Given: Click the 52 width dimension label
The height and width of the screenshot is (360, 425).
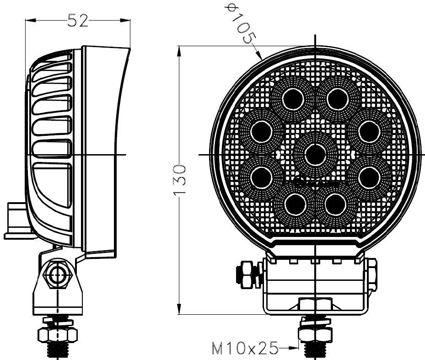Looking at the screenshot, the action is click(78, 20).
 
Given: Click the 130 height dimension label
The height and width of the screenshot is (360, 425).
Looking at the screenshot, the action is click(180, 180).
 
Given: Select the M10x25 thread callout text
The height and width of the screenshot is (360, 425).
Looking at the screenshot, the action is click(245, 348).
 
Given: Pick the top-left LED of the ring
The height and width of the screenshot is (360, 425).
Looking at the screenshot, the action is click(292, 99).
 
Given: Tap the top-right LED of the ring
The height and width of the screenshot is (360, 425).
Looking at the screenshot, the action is click(338, 99).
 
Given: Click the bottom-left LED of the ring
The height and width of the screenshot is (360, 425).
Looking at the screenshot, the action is click(296, 204).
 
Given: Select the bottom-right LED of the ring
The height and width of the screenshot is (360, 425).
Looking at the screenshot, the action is click(335, 204).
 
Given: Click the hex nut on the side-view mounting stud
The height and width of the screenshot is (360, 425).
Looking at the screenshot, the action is click(58, 334).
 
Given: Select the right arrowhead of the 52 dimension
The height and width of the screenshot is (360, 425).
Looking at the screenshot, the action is click(125, 20).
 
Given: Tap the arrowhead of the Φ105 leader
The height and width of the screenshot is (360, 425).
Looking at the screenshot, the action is click(259, 55).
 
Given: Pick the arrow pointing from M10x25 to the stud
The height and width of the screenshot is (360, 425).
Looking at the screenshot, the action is click(288, 348).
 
